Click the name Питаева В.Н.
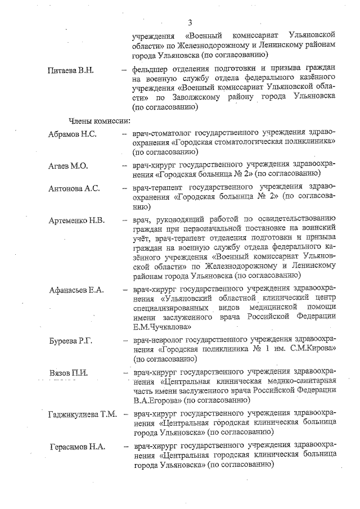coord(70,70)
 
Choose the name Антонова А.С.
coord(74,188)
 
